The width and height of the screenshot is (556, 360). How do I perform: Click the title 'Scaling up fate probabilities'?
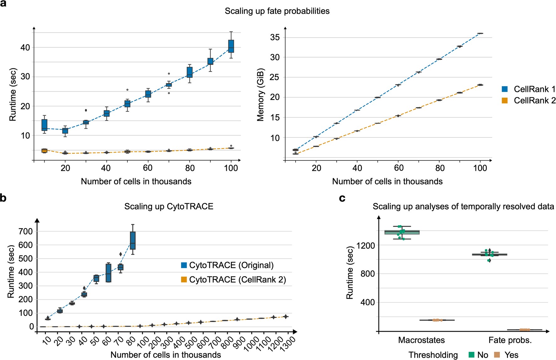click(277, 11)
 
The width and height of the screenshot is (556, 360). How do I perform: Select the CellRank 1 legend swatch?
click(505, 89)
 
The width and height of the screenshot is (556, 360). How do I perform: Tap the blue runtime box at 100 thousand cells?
click(231, 46)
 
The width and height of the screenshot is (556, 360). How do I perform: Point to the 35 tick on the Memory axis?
click(275, 37)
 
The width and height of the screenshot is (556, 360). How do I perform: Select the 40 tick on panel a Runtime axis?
click(25, 48)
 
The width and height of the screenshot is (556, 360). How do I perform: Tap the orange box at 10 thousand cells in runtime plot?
click(45, 151)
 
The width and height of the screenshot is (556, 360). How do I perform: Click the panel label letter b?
click(3, 198)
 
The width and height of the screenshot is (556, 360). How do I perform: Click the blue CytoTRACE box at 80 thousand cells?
click(133, 240)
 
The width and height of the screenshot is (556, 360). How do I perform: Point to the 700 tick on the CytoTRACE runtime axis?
click(26, 231)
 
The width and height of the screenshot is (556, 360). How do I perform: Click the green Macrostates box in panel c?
click(402, 232)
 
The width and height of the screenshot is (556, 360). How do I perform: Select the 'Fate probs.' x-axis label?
click(510, 340)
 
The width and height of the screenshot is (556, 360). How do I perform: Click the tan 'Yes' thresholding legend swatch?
click(496, 355)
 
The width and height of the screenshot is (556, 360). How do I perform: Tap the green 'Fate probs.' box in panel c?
click(489, 255)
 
